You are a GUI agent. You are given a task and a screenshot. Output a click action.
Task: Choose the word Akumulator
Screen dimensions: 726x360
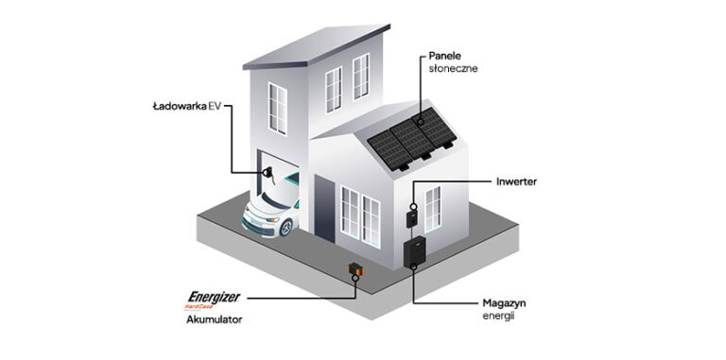pyautogui.click(x=215, y=320)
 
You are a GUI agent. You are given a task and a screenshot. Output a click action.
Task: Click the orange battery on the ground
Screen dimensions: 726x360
pyautogui.click(x=355, y=272)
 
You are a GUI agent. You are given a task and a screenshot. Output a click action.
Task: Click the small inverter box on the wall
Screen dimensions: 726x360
pyautogui.click(x=411, y=217)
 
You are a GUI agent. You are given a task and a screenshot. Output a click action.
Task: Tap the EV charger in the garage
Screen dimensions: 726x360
pyautogui.click(x=268, y=175)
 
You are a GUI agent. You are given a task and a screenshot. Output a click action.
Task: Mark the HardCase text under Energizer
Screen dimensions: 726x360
pyautogui.click(x=200, y=306)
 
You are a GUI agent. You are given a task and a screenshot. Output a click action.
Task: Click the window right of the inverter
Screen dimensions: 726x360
pyautogui.click(x=432, y=208)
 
